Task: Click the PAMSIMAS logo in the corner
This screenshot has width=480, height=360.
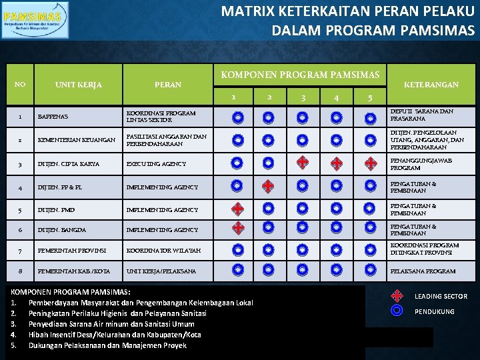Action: pos(35,21)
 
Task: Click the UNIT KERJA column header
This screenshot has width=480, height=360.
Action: pos(78,85)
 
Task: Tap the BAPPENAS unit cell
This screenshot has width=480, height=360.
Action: pos(53,117)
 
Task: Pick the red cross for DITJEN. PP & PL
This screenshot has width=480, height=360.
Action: pos(267,186)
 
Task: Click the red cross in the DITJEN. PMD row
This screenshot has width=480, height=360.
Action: pos(237,209)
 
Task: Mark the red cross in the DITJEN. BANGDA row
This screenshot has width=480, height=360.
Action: pos(237,229)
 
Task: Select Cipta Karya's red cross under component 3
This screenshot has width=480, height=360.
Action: pos(302,163)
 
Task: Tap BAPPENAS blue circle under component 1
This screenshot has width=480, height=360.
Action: pos(237,118)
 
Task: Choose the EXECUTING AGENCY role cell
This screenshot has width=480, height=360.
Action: pos(156,164)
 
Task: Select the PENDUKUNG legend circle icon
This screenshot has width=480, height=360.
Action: pos(397,311)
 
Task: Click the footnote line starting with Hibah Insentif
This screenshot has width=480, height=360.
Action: pos(115,335)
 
